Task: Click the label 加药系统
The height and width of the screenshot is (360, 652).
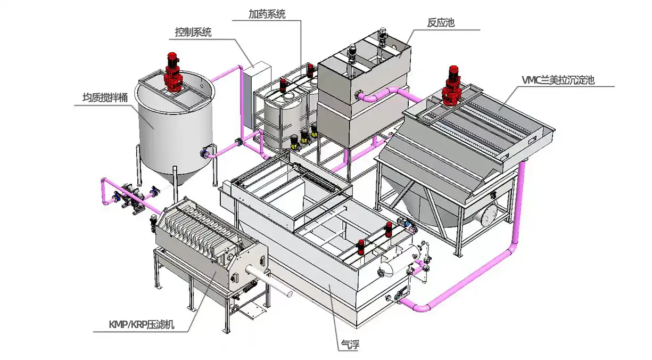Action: pyautogui.click(x=267, y=14)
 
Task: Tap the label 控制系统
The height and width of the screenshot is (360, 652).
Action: pyautogui.click(x=193, y=32)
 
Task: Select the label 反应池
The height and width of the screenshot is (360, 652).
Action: pyautogui.click(x=441, y=23)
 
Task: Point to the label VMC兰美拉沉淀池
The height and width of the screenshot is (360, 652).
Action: pyautogui.click(x=558, y=80)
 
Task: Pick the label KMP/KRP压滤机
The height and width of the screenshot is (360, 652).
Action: pyautogui.click(x=141, y=324)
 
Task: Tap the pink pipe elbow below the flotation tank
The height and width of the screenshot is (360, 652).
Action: pyautogui.click(x=420, y=306)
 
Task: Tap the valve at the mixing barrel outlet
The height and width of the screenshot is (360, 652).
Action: pyautogui.click(x=204, y=153)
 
